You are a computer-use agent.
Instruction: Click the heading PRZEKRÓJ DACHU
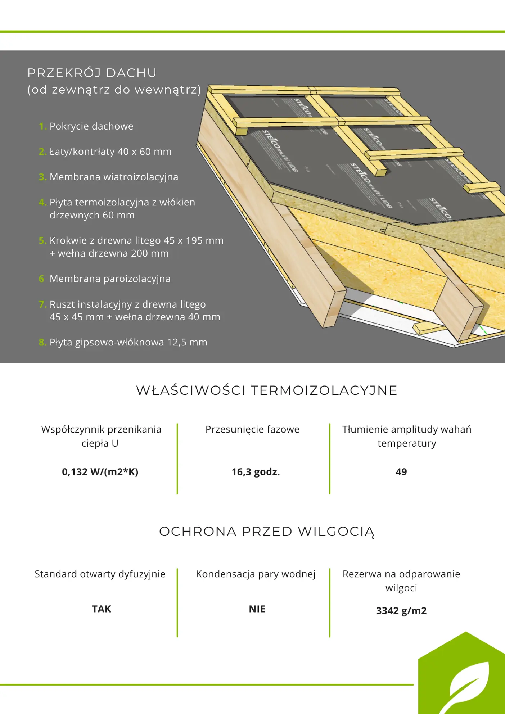92,73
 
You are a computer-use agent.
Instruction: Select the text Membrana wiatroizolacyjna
114,177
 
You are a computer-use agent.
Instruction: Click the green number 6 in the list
41,279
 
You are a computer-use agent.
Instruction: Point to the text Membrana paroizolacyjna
110,279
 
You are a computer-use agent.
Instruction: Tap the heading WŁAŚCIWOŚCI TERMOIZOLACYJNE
267,390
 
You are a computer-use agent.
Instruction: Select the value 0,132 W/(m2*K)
100,472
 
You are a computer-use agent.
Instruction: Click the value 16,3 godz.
256,472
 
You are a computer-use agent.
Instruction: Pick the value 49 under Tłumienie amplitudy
401,472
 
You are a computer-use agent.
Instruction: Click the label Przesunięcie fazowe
252,429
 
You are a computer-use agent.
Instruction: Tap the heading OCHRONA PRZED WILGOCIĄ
267,532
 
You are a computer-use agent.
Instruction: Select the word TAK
102,609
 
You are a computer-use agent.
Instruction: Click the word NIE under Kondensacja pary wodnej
257,609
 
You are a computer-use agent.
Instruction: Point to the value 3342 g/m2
401,611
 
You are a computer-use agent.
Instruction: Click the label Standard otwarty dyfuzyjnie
100,574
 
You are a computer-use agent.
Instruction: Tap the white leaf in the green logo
466,686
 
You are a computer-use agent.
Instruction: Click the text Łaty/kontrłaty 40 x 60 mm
111,152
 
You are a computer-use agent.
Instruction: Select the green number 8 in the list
42,342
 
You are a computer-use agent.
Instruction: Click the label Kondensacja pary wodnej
256,574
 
